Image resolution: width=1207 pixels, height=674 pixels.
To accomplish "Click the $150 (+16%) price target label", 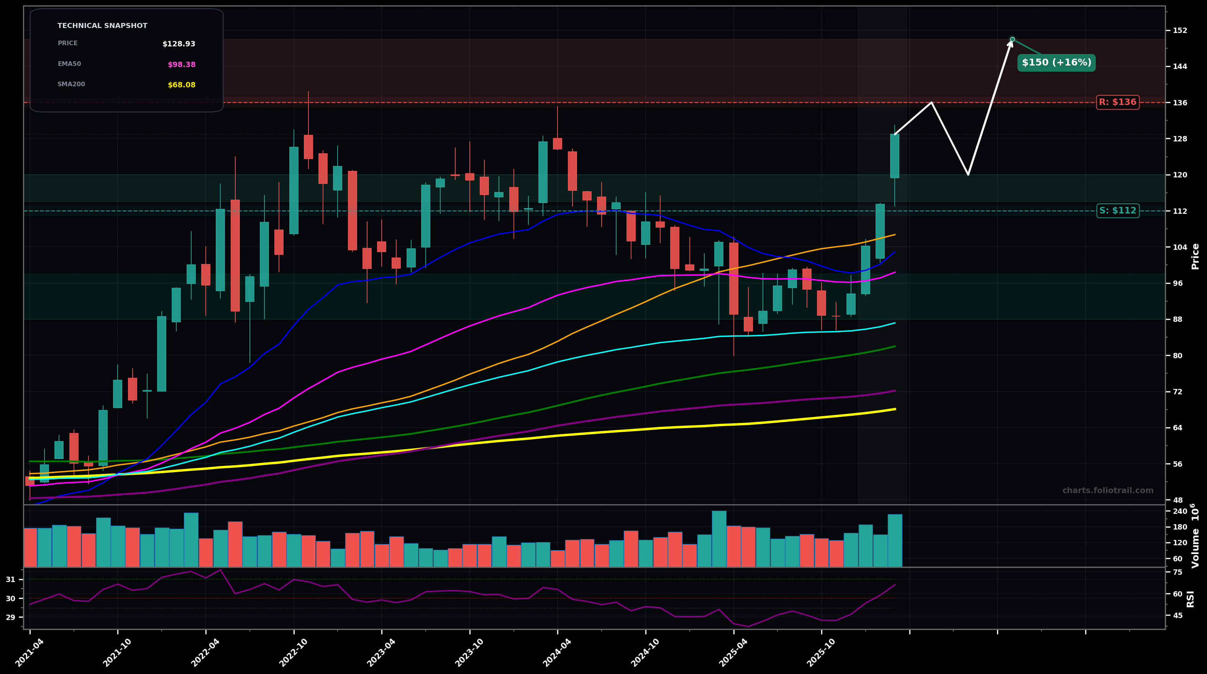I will point(1056,63).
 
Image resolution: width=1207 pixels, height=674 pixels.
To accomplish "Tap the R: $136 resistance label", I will point(1117,102).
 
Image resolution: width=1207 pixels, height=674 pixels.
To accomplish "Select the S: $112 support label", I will point(1117,211).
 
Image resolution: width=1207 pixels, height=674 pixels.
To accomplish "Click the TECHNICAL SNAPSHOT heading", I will point(102,26).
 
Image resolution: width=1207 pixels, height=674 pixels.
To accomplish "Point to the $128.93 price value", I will point(179,44).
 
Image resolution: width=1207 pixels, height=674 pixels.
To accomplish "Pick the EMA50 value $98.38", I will point(181,65).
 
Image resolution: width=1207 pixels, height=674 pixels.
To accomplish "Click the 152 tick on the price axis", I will point(1180,31).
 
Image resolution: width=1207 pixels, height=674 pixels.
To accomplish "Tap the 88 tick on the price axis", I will point(1177,320).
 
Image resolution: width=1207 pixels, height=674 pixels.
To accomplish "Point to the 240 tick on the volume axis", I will point(1180,512).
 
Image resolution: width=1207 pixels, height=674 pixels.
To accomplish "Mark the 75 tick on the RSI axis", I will point(1177,572).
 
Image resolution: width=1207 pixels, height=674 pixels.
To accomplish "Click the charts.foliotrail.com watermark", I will point(1108,491).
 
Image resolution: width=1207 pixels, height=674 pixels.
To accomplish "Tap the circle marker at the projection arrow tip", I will point(1012,39).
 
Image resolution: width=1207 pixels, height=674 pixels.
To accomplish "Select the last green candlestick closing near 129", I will point(894,156).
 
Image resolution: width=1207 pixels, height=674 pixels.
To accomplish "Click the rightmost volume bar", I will point(894,540).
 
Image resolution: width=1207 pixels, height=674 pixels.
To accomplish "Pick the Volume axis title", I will point(1195,536).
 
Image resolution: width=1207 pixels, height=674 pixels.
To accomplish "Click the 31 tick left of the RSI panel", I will point(10,580).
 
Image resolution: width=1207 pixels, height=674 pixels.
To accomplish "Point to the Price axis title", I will point(1195,256).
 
